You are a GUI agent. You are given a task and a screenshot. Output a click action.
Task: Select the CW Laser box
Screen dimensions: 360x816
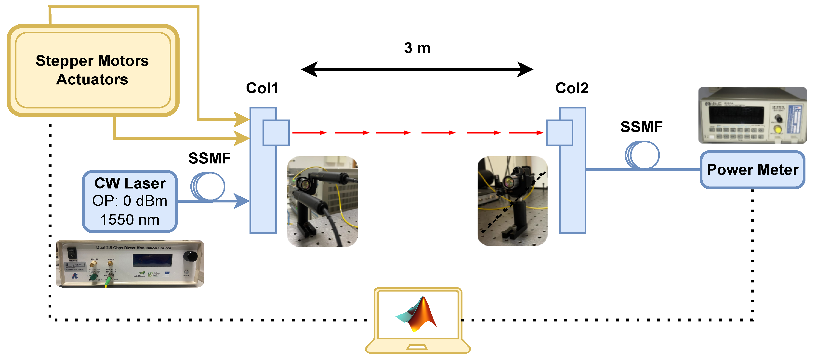(130, 201)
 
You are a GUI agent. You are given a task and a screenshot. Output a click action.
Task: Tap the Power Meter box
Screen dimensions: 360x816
(752, 170)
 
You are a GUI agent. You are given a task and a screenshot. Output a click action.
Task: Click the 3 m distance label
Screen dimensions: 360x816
(417, 48)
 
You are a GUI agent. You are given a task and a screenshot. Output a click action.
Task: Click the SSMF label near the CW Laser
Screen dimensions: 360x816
(209, 158)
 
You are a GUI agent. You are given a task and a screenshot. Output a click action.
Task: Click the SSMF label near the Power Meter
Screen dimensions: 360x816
(641, 127)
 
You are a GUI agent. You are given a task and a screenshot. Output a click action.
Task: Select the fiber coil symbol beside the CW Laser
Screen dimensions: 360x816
(208, 186)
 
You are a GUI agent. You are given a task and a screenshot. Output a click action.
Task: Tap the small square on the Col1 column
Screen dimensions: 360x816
(276, 133)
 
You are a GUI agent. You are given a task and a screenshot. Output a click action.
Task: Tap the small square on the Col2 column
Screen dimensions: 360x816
(560, 133)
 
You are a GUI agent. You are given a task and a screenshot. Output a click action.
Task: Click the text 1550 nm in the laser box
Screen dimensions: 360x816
(130, 220)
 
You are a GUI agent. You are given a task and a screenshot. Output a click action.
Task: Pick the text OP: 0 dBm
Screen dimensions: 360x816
(130, 201)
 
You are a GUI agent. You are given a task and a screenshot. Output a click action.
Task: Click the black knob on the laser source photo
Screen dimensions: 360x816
(190, 256)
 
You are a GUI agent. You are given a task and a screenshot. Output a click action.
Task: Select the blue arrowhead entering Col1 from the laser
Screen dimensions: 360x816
(242, 201)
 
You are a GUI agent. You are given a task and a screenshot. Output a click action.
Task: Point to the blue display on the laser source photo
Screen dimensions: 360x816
(152, 261)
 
